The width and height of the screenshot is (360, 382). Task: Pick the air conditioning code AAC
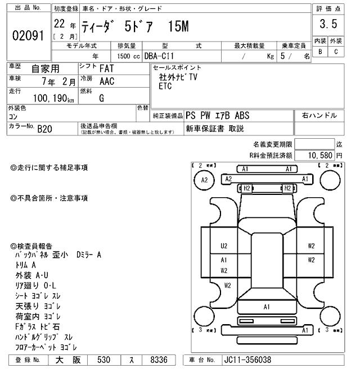pos(106,81)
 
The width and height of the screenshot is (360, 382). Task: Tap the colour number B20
pos(44,129)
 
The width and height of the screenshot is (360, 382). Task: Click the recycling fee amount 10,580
pos(319,154)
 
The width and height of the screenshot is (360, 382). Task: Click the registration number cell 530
pos(103,360)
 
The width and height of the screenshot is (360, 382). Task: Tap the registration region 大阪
pos(66,360)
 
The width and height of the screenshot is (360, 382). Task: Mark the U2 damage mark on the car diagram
pos(223,245)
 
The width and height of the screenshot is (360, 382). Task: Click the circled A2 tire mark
pos(204,180)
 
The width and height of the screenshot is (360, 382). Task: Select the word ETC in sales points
pos(165,87)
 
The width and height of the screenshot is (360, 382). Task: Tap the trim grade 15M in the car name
pos(179,26)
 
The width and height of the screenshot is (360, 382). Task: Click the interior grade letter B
pos(320,52)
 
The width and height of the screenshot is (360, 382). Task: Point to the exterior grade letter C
pos(336,52)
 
